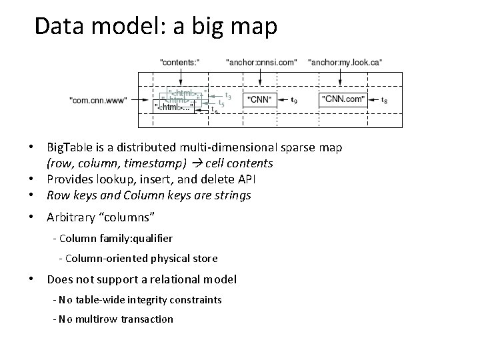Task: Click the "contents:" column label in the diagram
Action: point(179,62)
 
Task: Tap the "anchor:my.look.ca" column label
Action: point(345,62)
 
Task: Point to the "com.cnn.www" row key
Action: point(98,100)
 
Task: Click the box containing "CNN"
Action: point(260,99)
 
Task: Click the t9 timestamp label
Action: point(295,101)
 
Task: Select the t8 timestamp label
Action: point(383,101)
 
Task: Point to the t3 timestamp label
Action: point(229,95)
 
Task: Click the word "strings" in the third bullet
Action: point(232,195)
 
